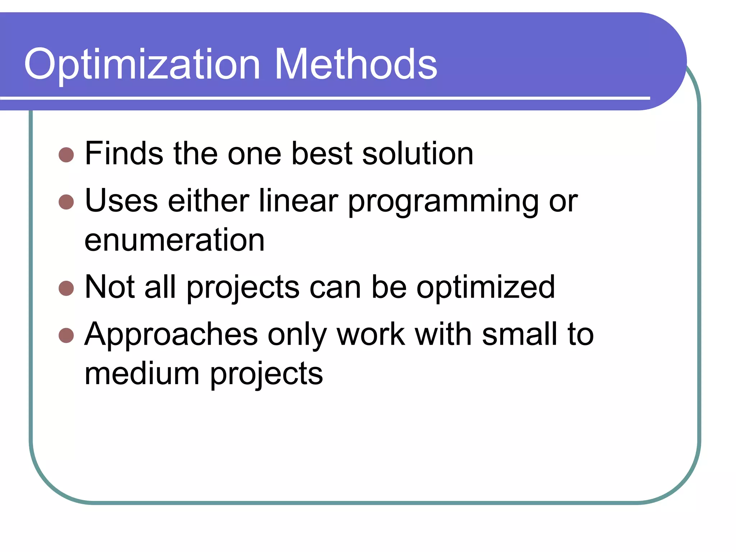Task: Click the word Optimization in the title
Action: tap(142, 65)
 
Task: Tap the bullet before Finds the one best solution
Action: tap(66, 155)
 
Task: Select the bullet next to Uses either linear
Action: tap(66, 202)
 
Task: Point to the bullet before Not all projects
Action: tap(66, 288)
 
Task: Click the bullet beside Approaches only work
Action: tap(66, 336)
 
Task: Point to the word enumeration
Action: tap(175, 240)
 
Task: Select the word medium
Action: tap(142, 374)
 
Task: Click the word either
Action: tap(208, 201)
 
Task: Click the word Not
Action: tap(110, 287)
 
